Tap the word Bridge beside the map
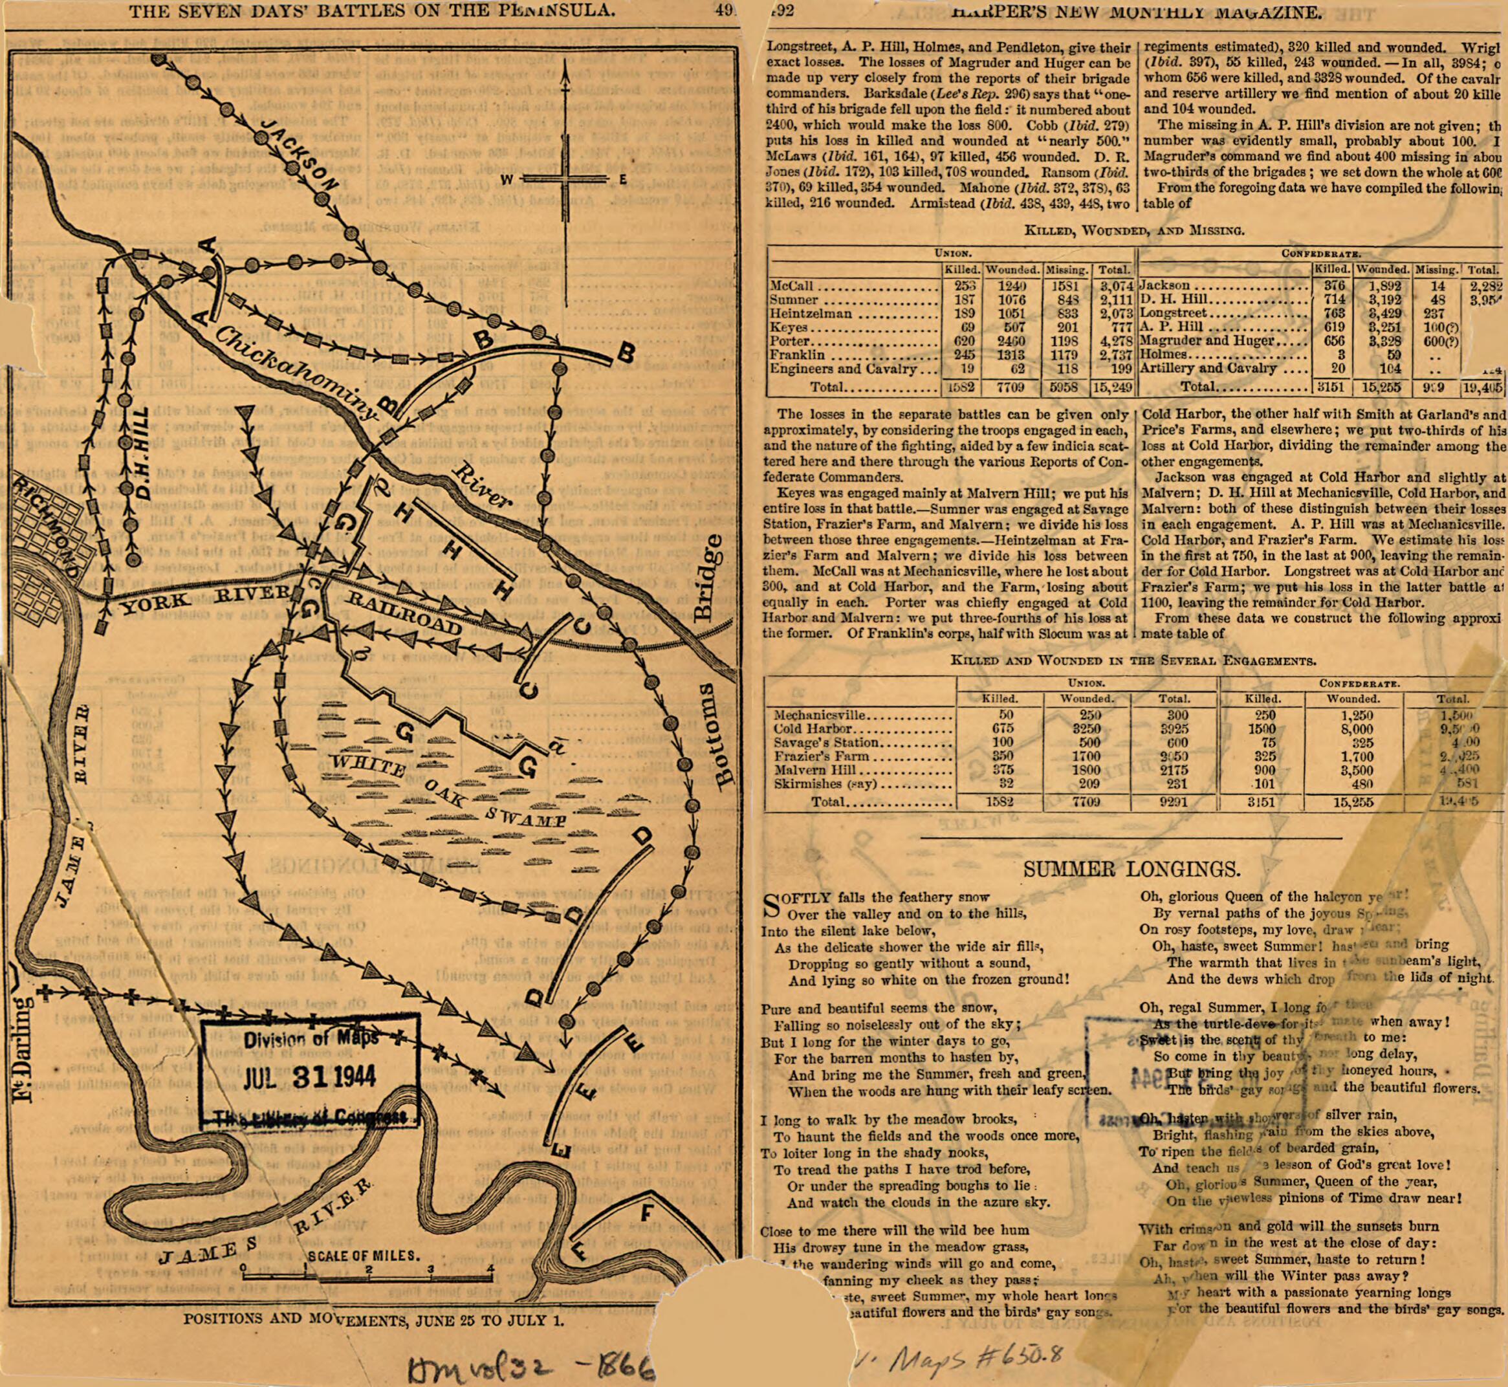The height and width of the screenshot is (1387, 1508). (708, 578)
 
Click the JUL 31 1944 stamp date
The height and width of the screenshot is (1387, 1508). (309, 1078)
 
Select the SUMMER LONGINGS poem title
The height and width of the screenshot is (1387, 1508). (1132, 869)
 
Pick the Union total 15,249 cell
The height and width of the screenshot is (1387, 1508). (1114, 388)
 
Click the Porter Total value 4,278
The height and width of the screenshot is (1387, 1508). (1114, 341)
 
